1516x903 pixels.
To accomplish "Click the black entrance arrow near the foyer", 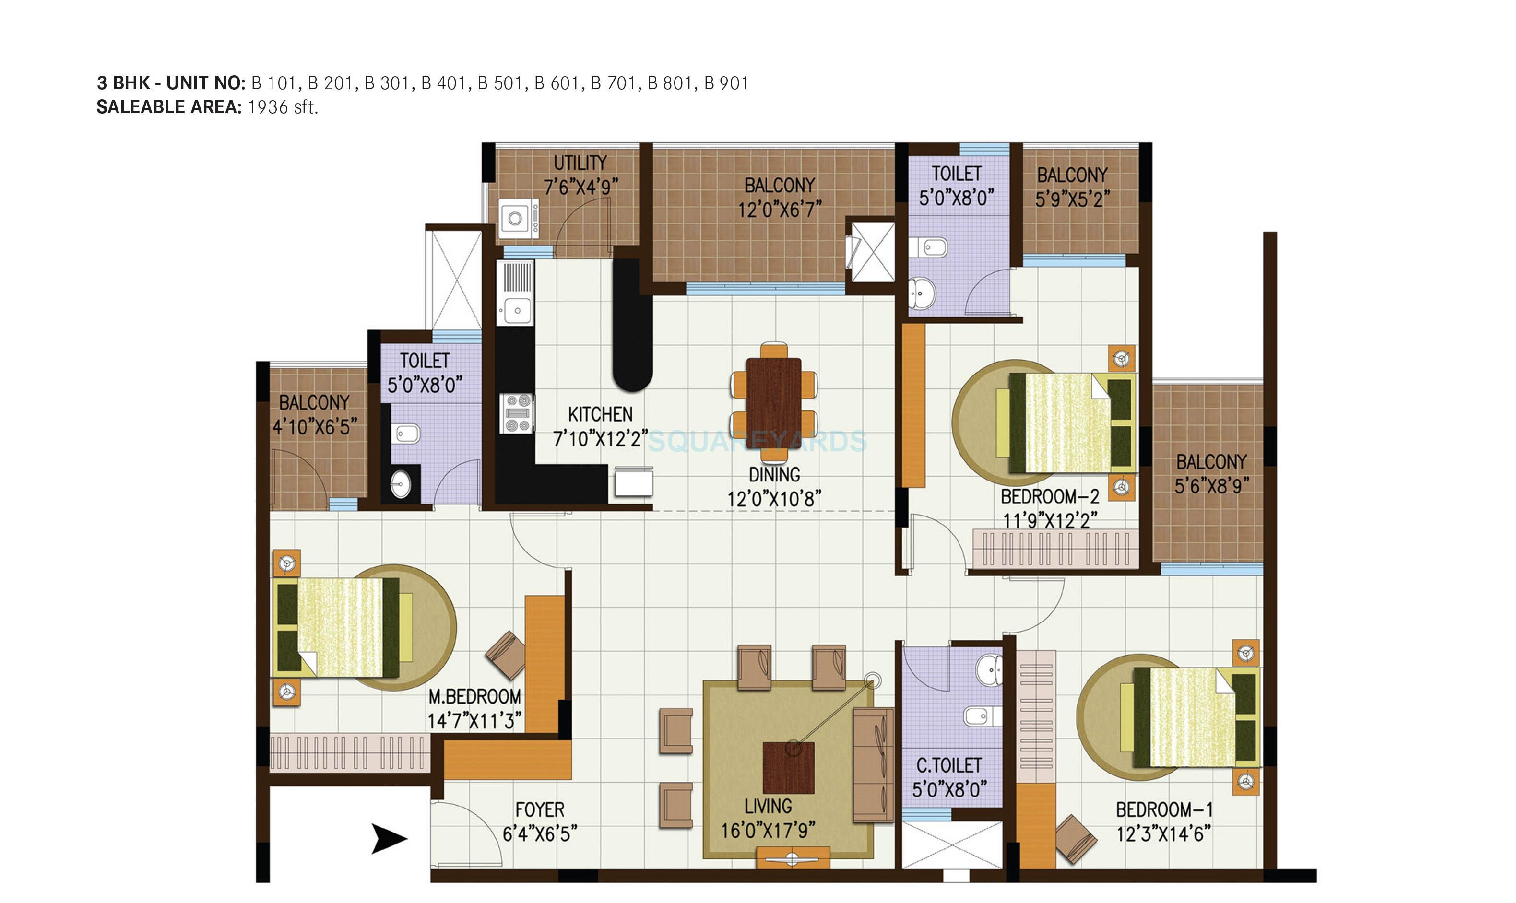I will tap(388, 839).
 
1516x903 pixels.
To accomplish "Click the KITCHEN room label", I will tap(600, 415).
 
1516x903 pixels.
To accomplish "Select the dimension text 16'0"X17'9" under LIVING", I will tap(768, 831).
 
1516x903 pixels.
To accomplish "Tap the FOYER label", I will tap(539, 810).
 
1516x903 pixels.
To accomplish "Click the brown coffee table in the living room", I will tap(789, 767).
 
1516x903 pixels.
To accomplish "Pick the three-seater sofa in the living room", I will tap(873, 764).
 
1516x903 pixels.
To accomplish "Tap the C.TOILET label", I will tap(949, 765).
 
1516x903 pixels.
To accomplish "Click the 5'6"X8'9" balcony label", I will tap(1211, 486).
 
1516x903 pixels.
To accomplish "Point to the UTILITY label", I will tap(580, 163).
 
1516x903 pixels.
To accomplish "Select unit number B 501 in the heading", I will tap(501, 83).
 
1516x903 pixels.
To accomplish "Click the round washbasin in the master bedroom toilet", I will tap(401, 485).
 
